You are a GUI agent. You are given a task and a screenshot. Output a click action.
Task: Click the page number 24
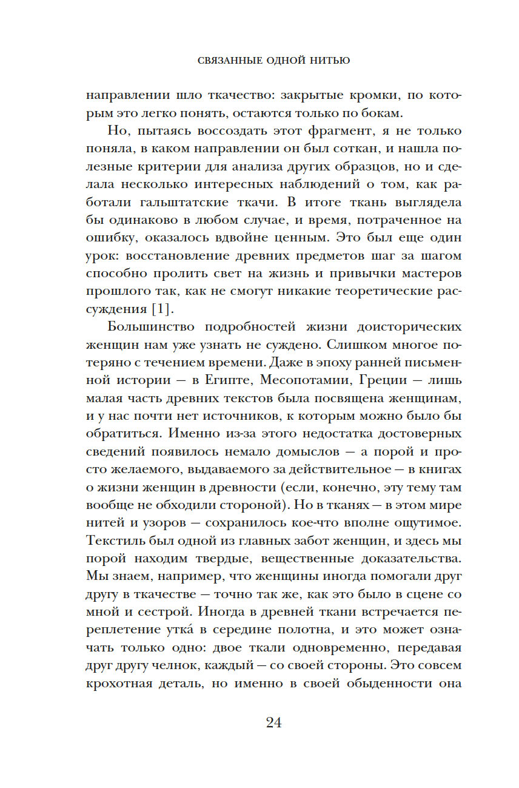(273, 722)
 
